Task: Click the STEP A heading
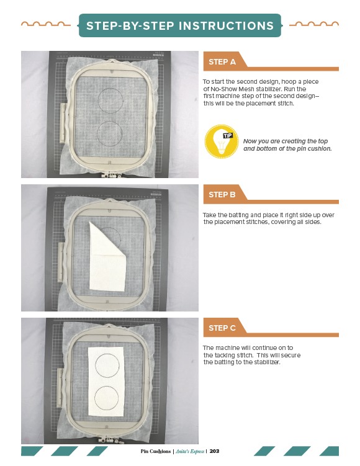point(222,62)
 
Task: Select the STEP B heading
point(222,195)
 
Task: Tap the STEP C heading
point(222,328)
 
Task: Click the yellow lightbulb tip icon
point(221,141)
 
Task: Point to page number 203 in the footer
point(214,451)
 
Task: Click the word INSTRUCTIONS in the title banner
point(226,26)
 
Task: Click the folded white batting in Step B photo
point(107,261)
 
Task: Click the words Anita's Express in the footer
point(190,451)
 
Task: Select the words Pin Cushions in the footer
point(155,451)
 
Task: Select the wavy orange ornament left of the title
point(46,24)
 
